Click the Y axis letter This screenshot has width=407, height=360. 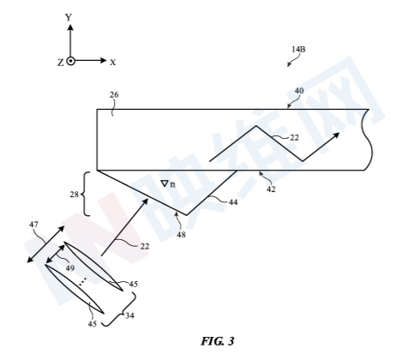pyautogui.click(x=69, y=18)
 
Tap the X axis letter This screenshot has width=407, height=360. pyautogui.click(x=113, y=63)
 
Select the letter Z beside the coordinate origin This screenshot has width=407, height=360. pyautogui.click(x=61, y=63)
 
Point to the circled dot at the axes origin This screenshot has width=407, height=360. pyautogui.click(x=70, y=61)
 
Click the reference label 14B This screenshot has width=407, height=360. pyautogui.click(x=298, y=49)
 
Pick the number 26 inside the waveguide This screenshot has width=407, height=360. pyautogui.click(x=114, y=95)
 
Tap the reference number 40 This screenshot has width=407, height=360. pyautogui.click(x=299, y=91)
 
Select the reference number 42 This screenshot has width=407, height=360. pyautogui.click(x=271, y=189)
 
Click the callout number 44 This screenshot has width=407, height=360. pyautogui.click(x=233, y=202)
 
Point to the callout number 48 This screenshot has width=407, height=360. pyautogui.click(x=181, y=235)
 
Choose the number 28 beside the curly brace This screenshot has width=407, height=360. pyautogui.click(x=75, y=195)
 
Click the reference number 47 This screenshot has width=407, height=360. pyautogui.click(x=33, y=225)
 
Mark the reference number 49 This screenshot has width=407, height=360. pyautogui.click(x=69, y=268)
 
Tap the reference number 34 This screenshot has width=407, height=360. pyautogui.click(x=129, y=315)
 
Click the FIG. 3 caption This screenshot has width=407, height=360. pyautogui.click(x=218, y=341)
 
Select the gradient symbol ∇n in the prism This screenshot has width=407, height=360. pyautogui.click(x=168, y=184)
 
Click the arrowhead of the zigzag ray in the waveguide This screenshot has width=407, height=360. pyautogui.click(x=336, y=135)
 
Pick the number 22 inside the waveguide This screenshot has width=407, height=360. pyautogui.click(x=294, y=138)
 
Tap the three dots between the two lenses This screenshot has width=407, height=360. pyautogui.click(x=83, y=281)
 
